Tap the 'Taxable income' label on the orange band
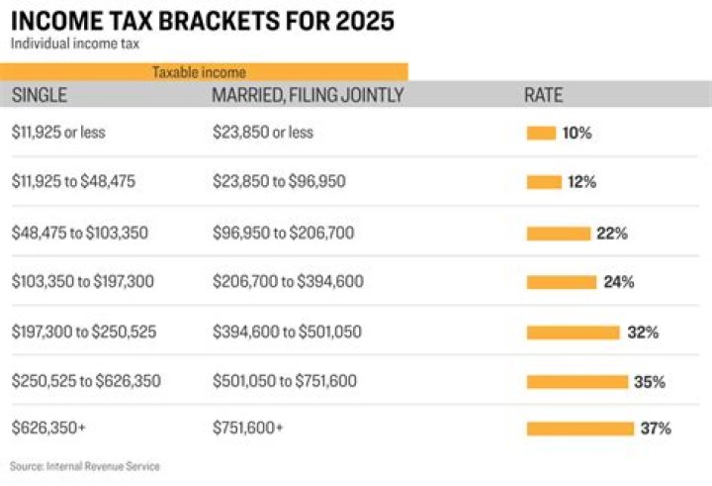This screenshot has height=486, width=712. tap(199, 72)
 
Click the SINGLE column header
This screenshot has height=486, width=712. tap(39, 95)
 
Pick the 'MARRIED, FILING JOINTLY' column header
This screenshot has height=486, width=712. tap(308, 95)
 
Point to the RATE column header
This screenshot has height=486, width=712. tap(543, 95)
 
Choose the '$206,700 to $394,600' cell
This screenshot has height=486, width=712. tap(288, 282)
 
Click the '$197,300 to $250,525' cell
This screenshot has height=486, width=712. tap(83, 332)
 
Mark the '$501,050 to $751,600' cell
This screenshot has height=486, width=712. tap(285, 381)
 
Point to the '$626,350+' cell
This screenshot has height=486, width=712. tap(44, 429)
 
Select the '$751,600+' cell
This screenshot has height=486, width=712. tap(247, 429)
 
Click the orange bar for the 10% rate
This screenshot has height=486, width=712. tap(541, 134)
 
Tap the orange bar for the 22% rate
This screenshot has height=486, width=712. tap(558, 234)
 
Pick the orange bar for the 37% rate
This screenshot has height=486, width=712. tap(579, 429)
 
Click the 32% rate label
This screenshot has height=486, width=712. tap(643, 333)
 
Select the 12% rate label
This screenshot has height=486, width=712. tap(580, 183)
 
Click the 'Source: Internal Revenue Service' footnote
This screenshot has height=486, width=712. tap(85, 465)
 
